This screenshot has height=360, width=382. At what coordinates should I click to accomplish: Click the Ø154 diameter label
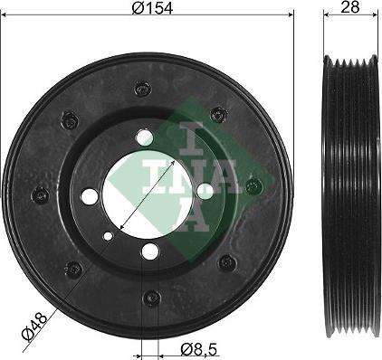point(152,8)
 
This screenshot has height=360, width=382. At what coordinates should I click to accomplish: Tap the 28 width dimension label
point(350,7)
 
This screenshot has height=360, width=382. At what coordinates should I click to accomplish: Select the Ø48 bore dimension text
point(34,327)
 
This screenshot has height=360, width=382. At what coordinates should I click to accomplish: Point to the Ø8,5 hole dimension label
point(199,350)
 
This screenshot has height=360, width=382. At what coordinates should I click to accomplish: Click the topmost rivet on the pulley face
point(142,89)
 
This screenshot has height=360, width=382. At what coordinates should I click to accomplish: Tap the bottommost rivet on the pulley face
point(151,298)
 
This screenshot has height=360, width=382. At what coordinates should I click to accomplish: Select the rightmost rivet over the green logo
point(254,186)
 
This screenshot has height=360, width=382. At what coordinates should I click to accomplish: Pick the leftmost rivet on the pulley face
point(40,194)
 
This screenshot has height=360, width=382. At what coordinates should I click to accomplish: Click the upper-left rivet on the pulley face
point(70,120)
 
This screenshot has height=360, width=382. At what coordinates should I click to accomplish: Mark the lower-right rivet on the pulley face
point(227,262)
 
